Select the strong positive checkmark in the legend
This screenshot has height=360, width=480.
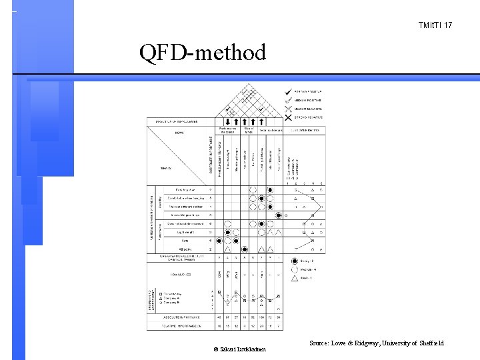287,91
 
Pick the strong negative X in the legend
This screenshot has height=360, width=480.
287,117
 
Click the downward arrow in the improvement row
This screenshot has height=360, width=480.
228,121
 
